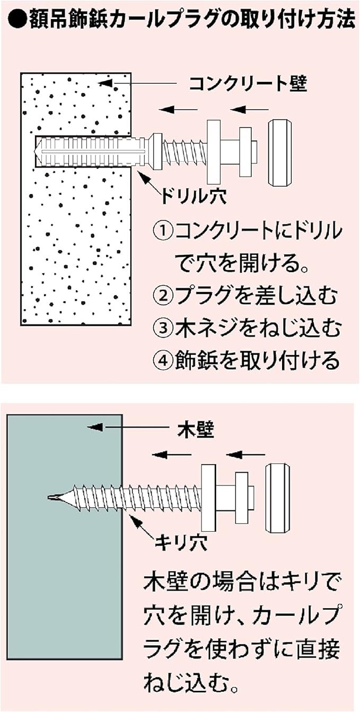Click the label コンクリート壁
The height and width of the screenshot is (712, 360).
(x=248, y=84)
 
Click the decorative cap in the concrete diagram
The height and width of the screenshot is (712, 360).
(x=279, y=153)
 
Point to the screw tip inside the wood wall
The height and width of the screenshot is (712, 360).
(x=55, y=498)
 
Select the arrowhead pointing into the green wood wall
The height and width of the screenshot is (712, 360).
(x=94, y=427)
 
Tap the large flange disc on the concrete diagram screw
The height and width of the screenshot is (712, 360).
(x=214, y=151)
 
